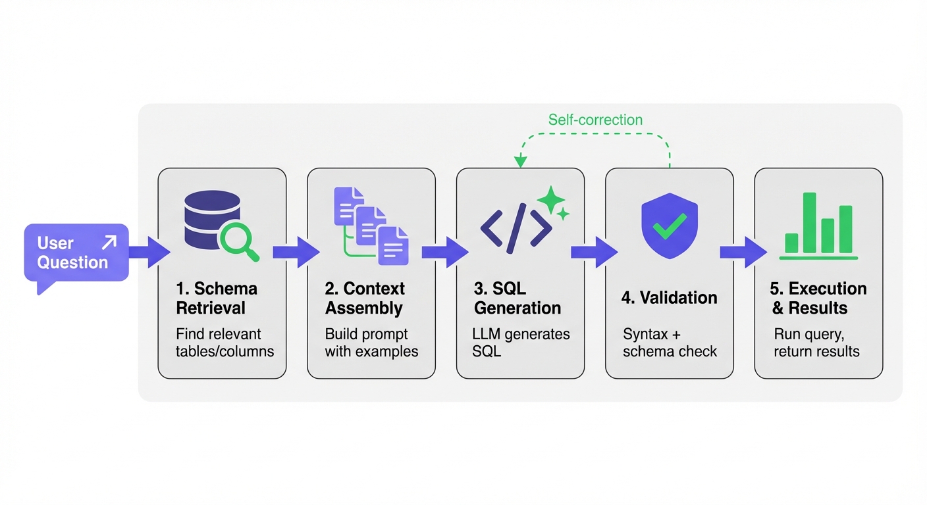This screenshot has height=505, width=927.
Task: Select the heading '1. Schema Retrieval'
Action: coord(217,298)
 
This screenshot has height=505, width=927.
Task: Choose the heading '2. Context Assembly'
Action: coord(365,298)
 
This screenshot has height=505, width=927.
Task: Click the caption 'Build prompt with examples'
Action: coord(371,342)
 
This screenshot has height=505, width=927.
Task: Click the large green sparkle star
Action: coord(550,198)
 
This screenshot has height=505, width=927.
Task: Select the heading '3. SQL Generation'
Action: coord(517,298)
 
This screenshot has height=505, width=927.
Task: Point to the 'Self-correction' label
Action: coord(595,120)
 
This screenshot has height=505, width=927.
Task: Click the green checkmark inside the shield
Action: coord(669,226)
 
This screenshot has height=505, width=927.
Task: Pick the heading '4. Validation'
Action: coord(669,297)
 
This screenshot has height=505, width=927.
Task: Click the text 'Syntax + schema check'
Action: coord(670,342)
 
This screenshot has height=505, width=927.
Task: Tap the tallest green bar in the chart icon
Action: coord(809,222)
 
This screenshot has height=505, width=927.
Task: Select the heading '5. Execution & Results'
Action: coord(819,298)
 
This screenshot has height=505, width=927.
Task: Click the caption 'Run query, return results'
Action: coord(816,342)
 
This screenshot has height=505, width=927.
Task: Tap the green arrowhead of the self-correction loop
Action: coord(520,161)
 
